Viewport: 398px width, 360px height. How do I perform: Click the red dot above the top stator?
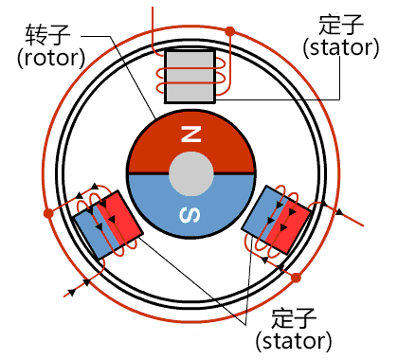tap(229, 31)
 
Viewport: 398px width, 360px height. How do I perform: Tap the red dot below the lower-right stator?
tap(295, 278)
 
